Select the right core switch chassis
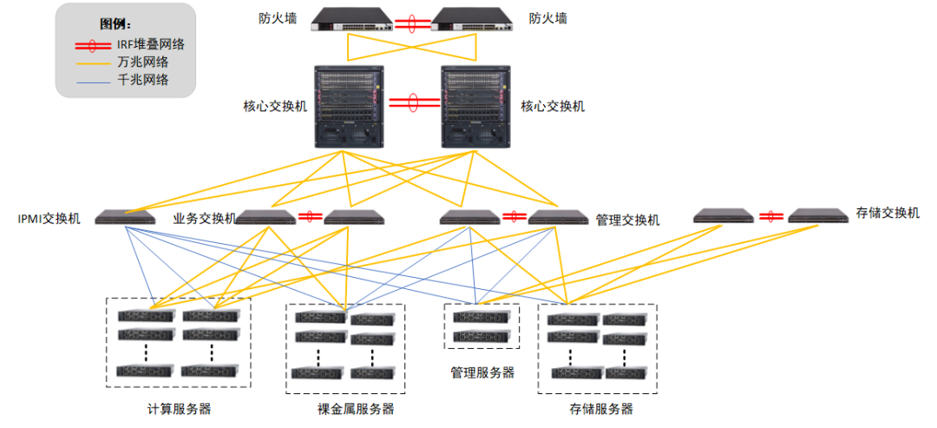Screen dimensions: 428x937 click(x=474, y=105)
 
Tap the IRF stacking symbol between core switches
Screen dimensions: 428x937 click(x=411, y=102)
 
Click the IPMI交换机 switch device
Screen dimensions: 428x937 click(x=125, y=218)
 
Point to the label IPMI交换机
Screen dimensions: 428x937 click(x=49, y=218)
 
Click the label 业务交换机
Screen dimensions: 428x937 click(x=204, y=218)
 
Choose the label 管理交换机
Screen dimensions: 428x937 click(x=627, y=220)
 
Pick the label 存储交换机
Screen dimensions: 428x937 click(x=887, y=213)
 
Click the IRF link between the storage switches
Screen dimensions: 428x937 click(x=766, y=216)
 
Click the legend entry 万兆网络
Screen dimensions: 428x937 click(x=142, y=62)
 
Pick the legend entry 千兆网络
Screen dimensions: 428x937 click(x=142, y=80)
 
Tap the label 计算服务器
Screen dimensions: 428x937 click(x=179, y=408)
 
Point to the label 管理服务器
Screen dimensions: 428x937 click(x=482, y=372)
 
